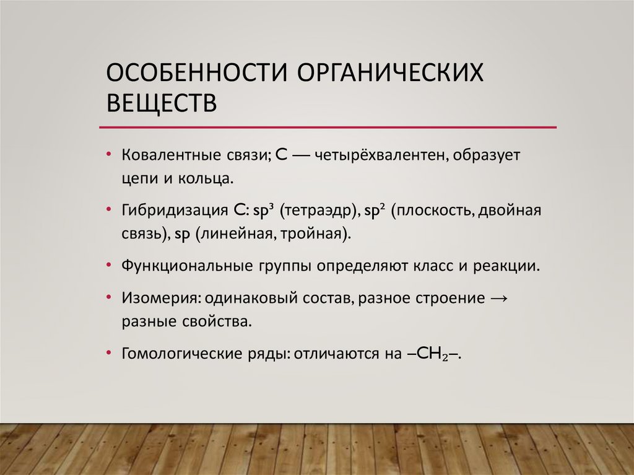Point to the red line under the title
click(328, 127)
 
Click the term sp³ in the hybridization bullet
click(262, 211)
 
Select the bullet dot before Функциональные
click(109, 267)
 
